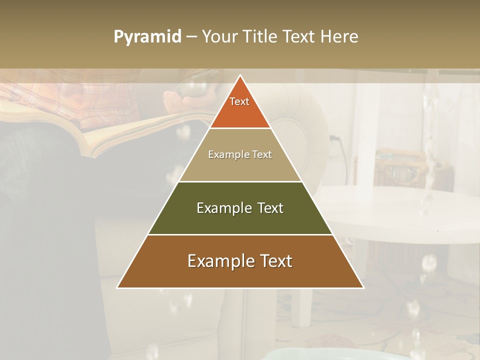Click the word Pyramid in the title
[147, 37]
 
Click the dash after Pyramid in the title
[191, 37]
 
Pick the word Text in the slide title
[299, 37]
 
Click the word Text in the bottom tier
[274, 261]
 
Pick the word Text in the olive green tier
[269, 208]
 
